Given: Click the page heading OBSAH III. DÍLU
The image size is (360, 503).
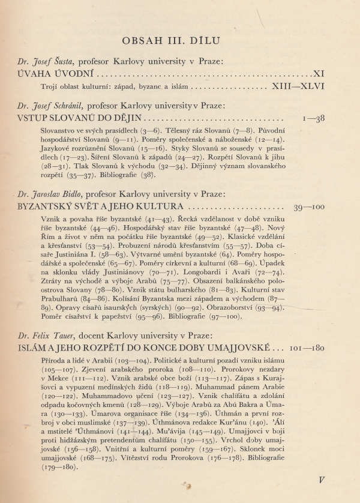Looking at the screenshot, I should click(179, 41).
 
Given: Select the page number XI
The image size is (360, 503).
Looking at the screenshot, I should click(319, 74).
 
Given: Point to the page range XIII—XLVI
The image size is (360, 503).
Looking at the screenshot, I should click(298, 86).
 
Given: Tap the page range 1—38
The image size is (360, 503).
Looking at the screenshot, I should click(314, 118).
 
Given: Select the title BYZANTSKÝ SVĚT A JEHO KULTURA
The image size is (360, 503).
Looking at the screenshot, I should click(101, 207).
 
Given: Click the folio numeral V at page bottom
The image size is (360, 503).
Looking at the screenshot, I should click(322, 480).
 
